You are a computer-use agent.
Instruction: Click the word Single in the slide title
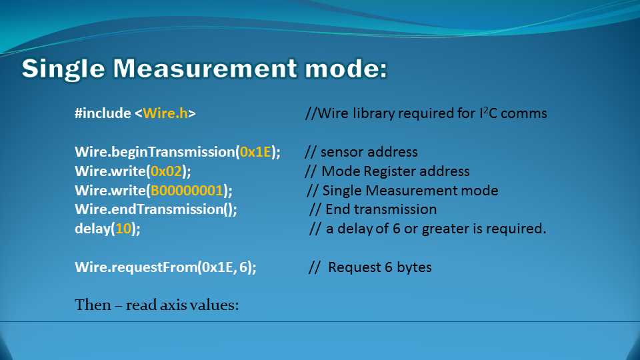pos(63,69)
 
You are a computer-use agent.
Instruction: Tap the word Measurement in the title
pos(205,68)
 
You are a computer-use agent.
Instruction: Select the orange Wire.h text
pos(165,113)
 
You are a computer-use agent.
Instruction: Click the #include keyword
pos(103,113)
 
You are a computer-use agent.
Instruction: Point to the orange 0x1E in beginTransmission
pos(255,152)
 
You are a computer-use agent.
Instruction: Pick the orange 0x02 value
pos(166,171)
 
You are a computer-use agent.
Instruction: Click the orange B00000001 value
pos(187,190)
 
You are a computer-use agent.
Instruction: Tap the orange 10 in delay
pos(123,229)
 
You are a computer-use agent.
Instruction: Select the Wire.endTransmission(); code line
pos(156,209)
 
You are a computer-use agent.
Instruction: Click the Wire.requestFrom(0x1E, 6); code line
pos(166,267)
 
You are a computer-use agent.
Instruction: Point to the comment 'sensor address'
pos(369,152)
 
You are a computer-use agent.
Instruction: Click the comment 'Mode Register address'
pos(395,171)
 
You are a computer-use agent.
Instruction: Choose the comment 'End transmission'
pos(381,209)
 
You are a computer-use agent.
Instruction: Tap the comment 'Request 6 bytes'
pos(379,267)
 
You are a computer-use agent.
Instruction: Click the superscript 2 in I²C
pos(486,110)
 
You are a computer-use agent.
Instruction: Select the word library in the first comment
pos(373,113)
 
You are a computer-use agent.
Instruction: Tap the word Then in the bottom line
pos(93,305)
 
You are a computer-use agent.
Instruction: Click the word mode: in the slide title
pos(346,69)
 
